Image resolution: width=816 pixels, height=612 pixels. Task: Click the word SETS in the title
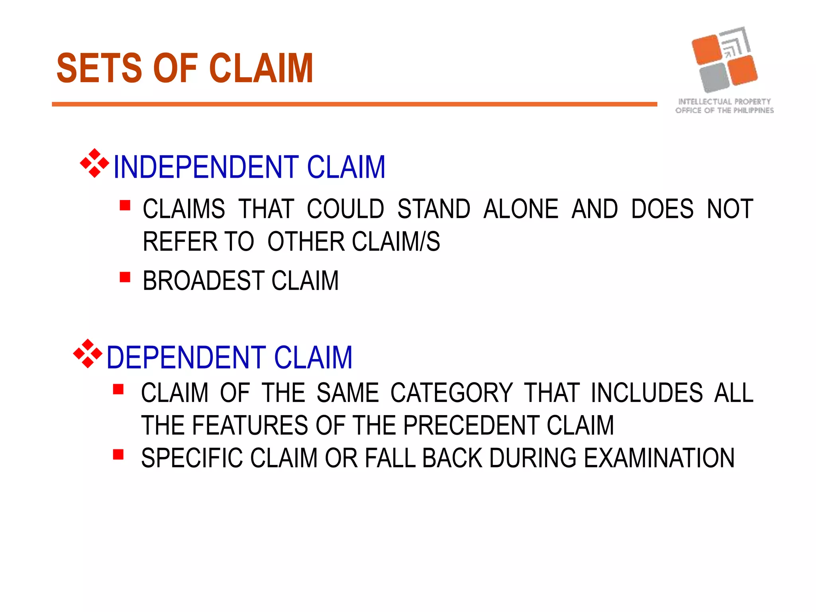point(99,69)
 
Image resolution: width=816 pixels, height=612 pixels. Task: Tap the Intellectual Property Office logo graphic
point(724,60)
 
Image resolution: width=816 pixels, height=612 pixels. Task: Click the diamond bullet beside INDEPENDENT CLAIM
point(94,163)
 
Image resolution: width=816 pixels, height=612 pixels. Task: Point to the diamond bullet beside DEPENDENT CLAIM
point(88,353)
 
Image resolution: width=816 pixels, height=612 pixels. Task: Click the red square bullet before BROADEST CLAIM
point(125,277)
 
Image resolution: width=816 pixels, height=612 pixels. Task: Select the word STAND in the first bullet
point(433,209)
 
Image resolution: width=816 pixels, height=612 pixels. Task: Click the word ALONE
point(521,209)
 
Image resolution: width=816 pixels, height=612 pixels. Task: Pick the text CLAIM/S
point(396,242)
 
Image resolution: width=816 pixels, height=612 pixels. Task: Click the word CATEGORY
point(451,393)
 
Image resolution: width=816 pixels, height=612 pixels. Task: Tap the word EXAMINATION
point(659,458)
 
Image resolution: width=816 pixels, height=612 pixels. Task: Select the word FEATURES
point(250,426)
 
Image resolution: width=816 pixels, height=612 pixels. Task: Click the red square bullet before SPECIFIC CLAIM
point(118,455)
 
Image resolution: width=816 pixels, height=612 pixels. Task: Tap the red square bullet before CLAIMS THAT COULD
point(125,205)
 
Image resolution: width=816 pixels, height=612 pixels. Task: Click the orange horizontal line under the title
point(354,104)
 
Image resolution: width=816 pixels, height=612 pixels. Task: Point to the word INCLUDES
point(647,393)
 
